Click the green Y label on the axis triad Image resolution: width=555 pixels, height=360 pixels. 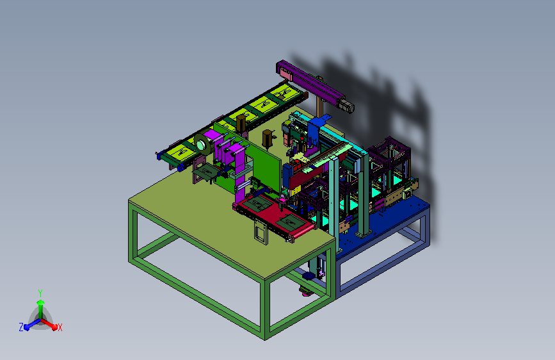(40, 293)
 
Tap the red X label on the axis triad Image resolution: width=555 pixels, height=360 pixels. (60, 328)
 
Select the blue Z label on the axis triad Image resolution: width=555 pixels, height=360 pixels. (21, 327)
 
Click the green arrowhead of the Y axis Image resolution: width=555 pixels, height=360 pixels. (40, 302)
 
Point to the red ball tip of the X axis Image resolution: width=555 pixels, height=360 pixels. (54, 327)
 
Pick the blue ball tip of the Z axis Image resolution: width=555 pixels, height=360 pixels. (26, 327)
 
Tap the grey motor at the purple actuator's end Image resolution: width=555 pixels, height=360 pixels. (346, 106)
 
